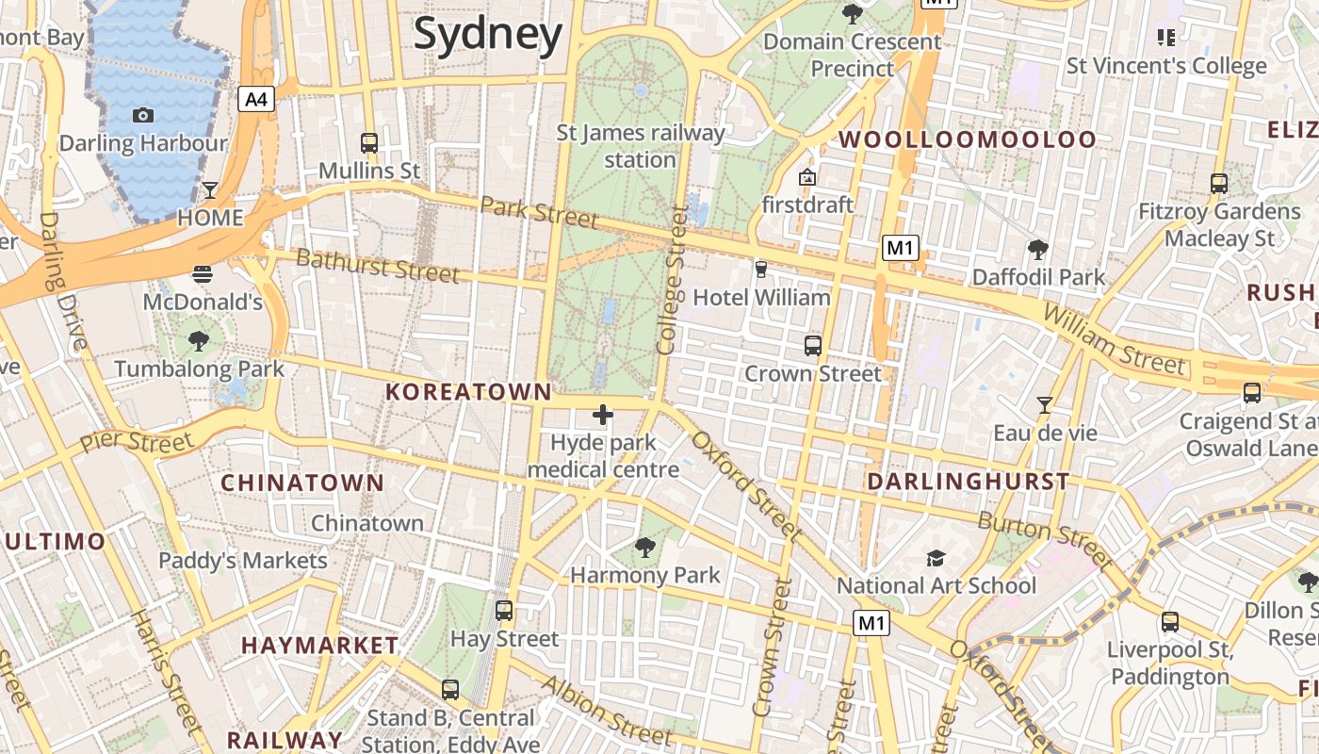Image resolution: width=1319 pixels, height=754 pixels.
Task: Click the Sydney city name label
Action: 488,34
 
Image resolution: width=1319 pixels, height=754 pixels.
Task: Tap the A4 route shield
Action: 256,99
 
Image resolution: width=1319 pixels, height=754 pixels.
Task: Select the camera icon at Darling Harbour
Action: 143,115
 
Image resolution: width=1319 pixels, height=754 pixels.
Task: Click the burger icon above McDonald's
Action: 203,274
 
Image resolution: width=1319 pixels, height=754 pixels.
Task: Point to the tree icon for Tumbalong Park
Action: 199,340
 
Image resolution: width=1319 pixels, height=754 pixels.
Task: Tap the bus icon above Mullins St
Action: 369,143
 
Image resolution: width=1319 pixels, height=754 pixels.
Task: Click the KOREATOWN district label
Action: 468,391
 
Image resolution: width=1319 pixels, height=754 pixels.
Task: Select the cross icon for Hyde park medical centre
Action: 603,415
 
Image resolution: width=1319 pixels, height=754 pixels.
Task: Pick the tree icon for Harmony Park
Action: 645,547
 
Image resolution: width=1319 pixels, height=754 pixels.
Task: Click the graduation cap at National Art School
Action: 936,558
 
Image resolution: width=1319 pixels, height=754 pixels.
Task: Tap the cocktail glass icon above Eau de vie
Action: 1044,405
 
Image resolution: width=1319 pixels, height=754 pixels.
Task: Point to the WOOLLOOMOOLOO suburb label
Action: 968,140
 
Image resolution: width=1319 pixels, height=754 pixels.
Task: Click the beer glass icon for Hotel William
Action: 761,270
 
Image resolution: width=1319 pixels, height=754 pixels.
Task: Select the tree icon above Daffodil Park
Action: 1038,250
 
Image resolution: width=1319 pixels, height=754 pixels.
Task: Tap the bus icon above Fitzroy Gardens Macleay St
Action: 1219,184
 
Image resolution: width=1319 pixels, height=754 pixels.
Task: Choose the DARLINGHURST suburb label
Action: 968,482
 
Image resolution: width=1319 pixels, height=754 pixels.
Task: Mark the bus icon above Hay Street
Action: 504,611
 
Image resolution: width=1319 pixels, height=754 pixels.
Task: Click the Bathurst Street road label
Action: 378,266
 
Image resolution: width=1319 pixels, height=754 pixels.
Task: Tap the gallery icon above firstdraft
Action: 807,177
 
